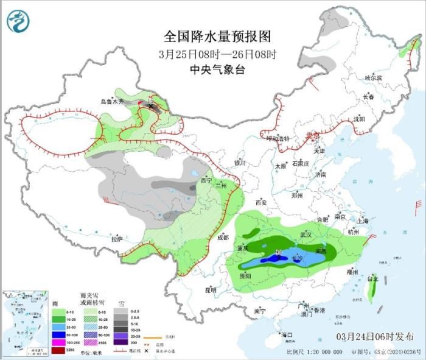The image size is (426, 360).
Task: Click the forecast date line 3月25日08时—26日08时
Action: coord(217,54)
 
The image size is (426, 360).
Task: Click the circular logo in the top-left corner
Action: coord(18,23)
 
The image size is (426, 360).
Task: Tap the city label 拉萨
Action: coord(117,239)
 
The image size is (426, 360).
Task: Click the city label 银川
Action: coord(239,163)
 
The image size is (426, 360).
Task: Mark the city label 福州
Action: coord(352,271)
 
